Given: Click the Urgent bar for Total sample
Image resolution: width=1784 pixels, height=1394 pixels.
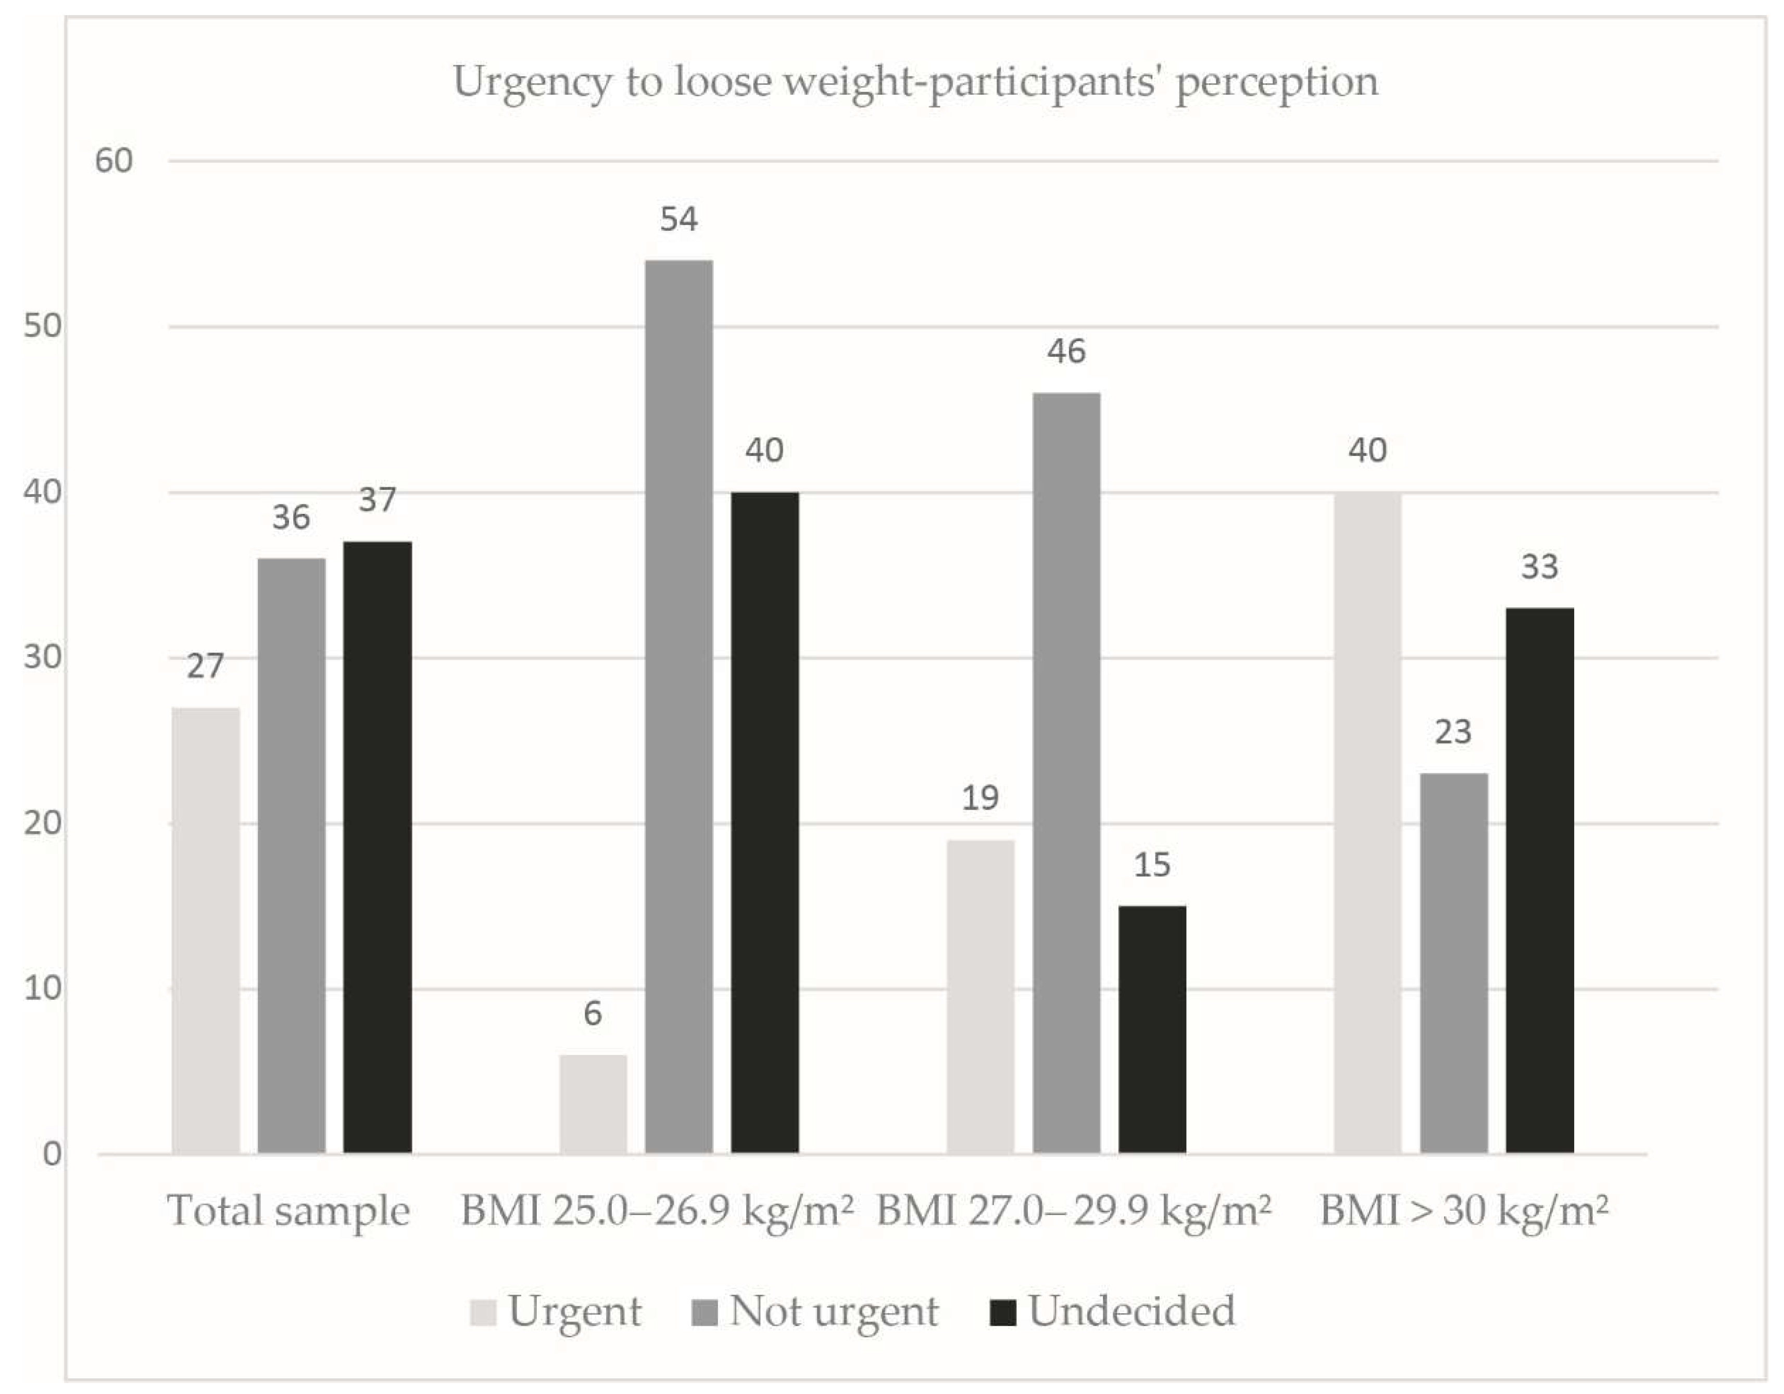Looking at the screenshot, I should tap(206, 931).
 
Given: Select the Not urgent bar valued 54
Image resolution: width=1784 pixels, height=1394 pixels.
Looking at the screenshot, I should tap(679, 707).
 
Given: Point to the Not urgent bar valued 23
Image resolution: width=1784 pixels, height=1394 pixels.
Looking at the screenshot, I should tap(1454, 964).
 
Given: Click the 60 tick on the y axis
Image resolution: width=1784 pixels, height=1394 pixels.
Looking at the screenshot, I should tap(114, 161).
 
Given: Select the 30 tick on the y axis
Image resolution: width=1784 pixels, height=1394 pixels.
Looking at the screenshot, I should tap(43, 657).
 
